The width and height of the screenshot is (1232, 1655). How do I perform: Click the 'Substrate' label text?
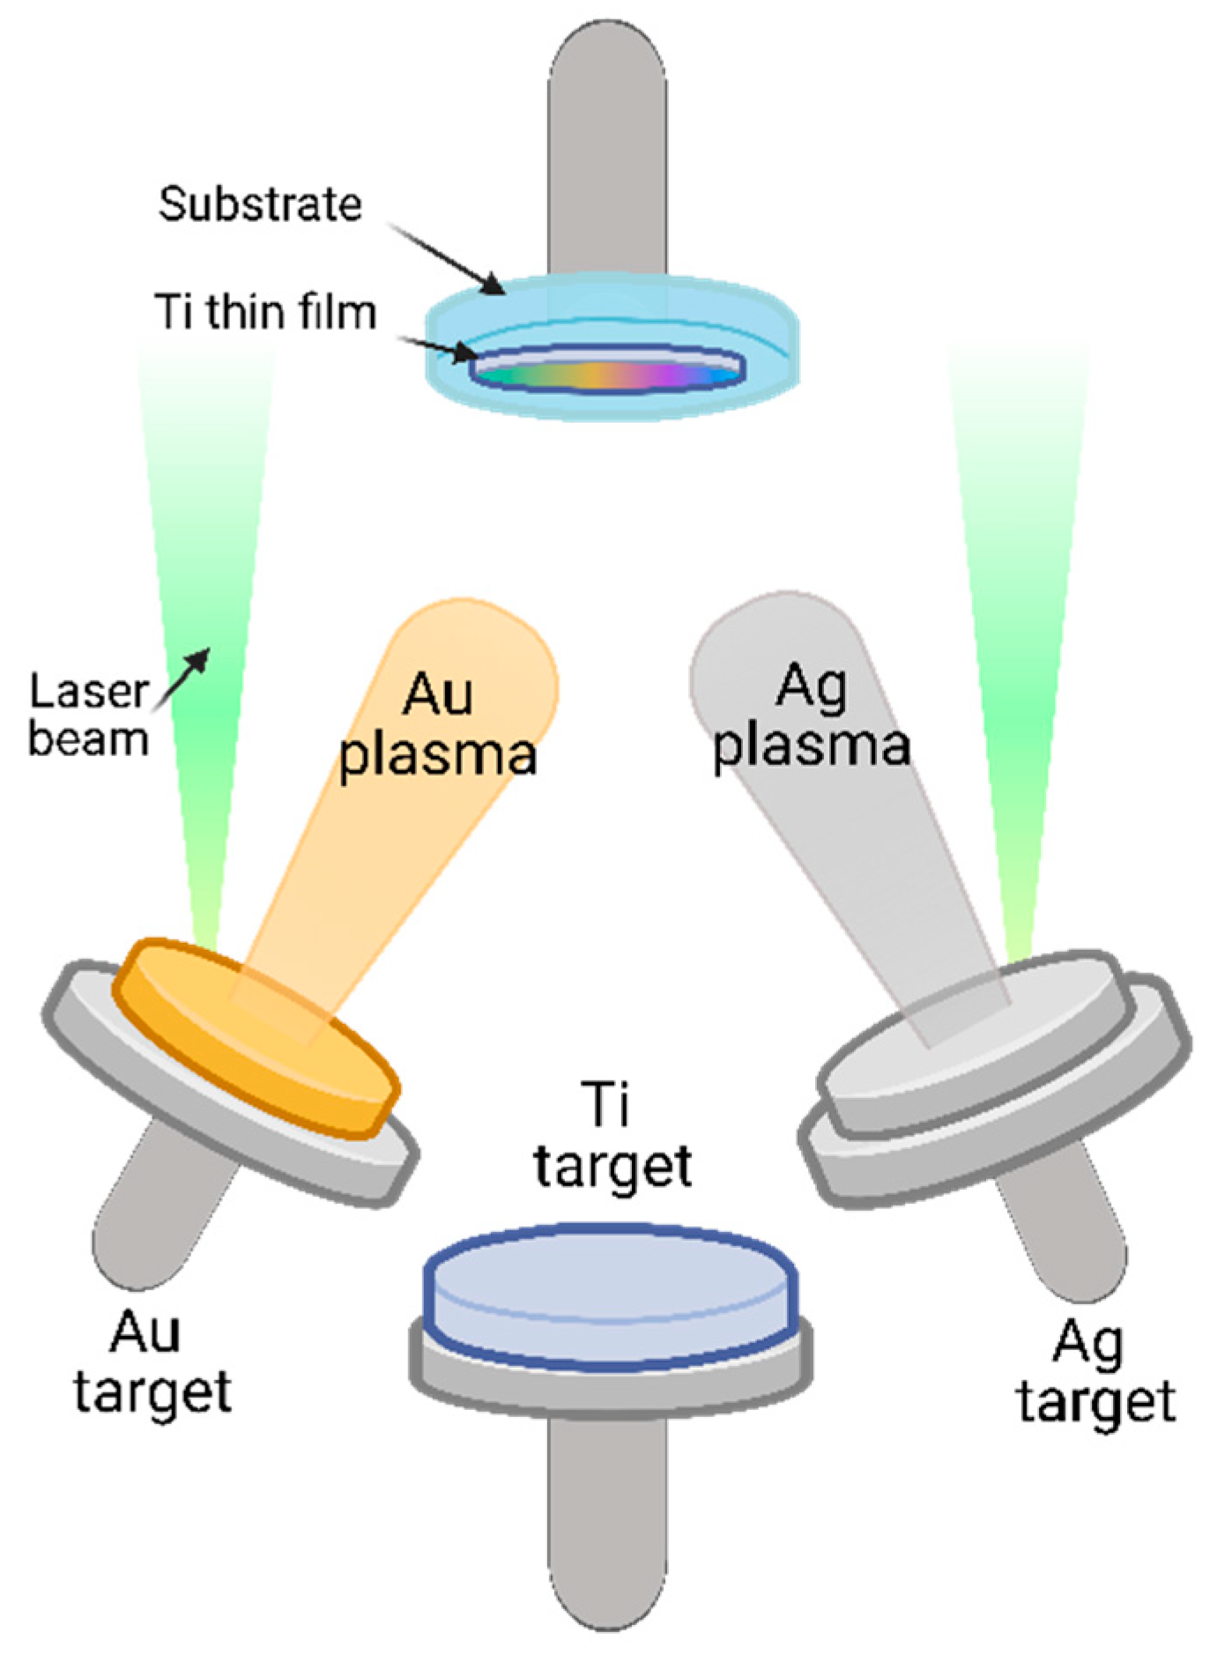pyautogui.click(x=260, y=204)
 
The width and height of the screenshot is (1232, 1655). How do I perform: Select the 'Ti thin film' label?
pyautogui.click(x=265, y=313)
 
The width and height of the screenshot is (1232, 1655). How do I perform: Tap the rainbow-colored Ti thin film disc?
pyautogui.click(x=608, y=375)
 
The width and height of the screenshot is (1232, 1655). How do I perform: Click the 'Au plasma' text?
pyautogui.click(x=438, y=724)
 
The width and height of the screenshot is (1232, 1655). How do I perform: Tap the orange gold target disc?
pyautogui.click(x=256, y=1035)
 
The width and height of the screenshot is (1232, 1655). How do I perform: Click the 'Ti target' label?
pyautogui.click(x=612, y=1137)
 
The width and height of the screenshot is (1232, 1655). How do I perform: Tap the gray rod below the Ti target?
pyautogui.click(x=606, y=1516)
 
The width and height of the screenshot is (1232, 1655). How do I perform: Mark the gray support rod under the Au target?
pyautogui.click(x=159, y=1207)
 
